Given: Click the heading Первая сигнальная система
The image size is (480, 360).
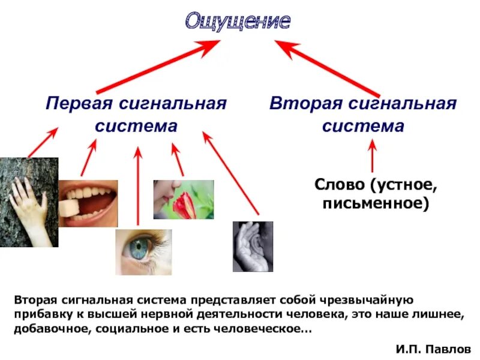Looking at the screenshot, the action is [136, 115].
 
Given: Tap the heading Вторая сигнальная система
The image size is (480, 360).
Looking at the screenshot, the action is [363, 115].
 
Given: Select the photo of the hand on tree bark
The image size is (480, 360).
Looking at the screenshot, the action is [29, 202].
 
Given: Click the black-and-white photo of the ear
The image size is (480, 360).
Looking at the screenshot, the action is [253, 246].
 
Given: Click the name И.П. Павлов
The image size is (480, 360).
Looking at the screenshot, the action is [434, 348].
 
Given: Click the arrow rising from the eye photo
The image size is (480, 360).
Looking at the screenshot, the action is [138, 186].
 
